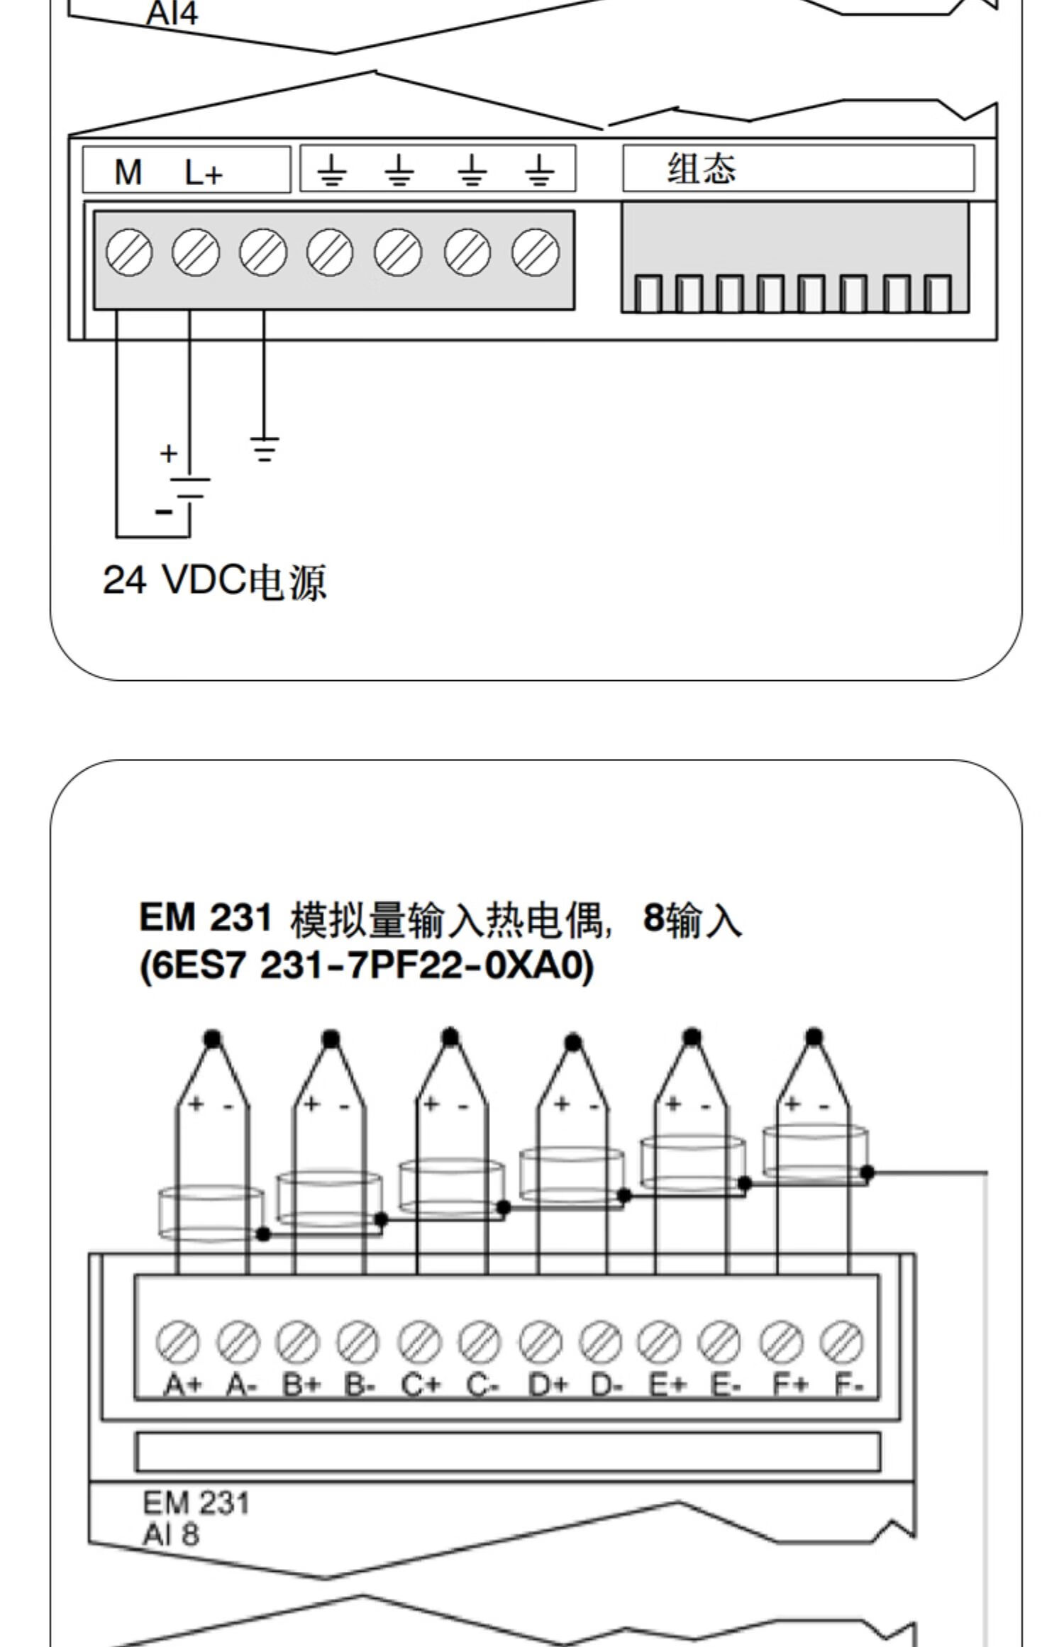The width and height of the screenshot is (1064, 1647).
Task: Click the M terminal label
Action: [128, 172]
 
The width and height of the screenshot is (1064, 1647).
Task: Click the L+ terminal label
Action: [204, 172]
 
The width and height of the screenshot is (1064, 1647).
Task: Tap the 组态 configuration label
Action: [702, 169]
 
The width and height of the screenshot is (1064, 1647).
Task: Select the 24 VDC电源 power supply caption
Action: [215, 582]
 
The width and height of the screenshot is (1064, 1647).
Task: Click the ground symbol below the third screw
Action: [264, 449]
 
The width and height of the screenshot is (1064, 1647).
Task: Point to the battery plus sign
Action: [168, 453]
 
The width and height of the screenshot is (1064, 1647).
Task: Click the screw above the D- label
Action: [601, 1341]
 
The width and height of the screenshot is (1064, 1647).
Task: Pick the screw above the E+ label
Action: [660, 1341]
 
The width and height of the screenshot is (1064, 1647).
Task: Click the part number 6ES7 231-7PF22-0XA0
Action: [367, 966]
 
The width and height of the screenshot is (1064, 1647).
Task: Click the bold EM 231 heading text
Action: [206, 917]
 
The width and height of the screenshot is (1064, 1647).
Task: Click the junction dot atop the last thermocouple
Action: [814, 1037]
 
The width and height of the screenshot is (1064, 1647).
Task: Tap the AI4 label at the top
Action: [172, 13]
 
